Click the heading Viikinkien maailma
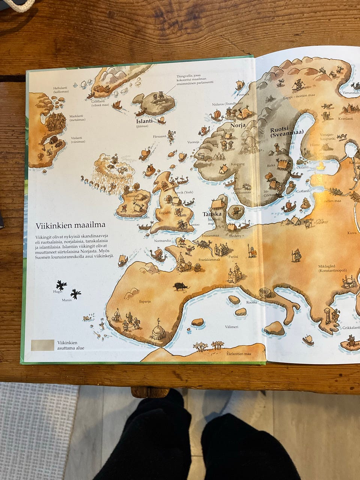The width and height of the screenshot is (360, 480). pyautogui.click(x=70, y=225)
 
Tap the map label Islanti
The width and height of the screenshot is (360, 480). pyautogui.click(x=144, y=121)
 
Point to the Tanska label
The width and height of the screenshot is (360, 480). pyautogui.click(x=212, y=214)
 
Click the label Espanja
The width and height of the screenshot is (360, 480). pyautogui.click(x=145, y=301)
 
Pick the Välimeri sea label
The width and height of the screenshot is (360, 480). pyautogui.click(x=231, y=327)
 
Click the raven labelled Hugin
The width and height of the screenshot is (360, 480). pyautogui.click(x=61, y=285)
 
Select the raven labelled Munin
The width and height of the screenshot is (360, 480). pyautogui.click(x=75, y=294)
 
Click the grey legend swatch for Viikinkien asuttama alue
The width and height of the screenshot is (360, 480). pyautogui.click(x=42, y=345)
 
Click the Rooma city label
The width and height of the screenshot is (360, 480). pyautogui.click(x=252, y=302)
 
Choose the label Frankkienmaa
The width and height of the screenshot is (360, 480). pyautogui.click(x=209, y=259)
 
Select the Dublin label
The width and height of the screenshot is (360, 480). pyautogui.click(x=144, y=217)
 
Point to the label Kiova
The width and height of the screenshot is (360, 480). pyautogui.click(x=352, y=233)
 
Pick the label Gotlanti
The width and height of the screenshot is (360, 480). pyautogui.click(x=303, y=191)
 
